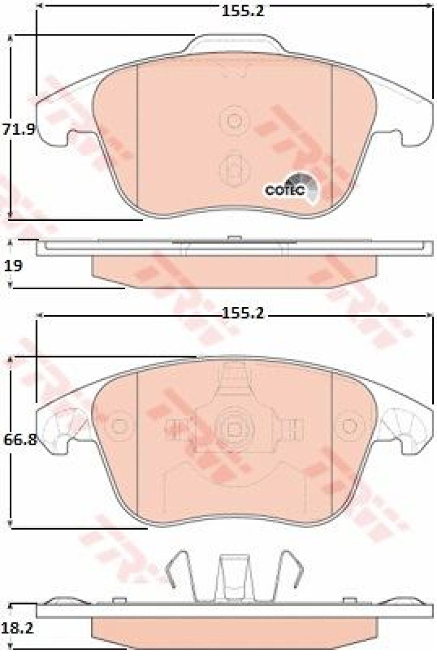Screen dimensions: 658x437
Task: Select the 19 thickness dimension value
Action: [13, 265]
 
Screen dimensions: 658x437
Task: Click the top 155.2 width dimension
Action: [243, 11]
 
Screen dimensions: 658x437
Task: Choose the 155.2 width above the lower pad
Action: [243, 314]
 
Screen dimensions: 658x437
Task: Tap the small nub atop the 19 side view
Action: [234, 238]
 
